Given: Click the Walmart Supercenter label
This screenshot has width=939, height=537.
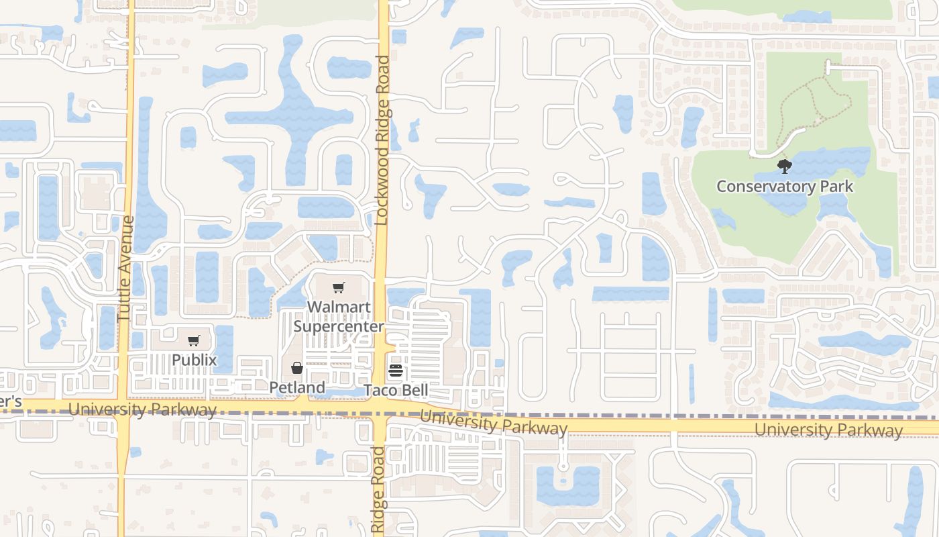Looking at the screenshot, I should [338, 317].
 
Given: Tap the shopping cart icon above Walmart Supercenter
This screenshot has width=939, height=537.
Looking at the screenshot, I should [339, 288].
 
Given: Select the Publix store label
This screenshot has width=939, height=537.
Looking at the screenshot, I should [194, 360].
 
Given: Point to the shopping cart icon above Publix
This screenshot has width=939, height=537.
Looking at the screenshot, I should [194, 340].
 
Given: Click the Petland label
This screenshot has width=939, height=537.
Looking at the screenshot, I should [297, 387].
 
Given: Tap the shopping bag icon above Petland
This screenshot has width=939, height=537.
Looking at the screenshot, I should [297, 368].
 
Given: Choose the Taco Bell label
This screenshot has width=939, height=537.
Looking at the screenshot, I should [396, 391].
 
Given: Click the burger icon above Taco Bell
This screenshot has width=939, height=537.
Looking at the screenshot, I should [395, 371].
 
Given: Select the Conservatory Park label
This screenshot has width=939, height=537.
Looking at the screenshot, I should [785, 186].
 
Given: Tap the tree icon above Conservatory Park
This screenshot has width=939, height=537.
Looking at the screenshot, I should [784, 166].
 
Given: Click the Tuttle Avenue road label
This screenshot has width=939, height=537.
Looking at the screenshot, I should [126, 268].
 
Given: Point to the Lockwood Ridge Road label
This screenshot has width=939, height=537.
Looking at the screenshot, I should [382, 140].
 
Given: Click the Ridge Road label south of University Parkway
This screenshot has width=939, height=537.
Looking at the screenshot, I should [378, 490].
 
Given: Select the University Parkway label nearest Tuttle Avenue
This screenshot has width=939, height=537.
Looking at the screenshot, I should [142, 409].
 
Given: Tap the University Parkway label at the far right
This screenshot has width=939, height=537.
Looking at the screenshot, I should [828, 430].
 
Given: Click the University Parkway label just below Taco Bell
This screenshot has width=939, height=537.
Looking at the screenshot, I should [494, 423].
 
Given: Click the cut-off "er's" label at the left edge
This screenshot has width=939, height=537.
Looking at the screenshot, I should [11, 401].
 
